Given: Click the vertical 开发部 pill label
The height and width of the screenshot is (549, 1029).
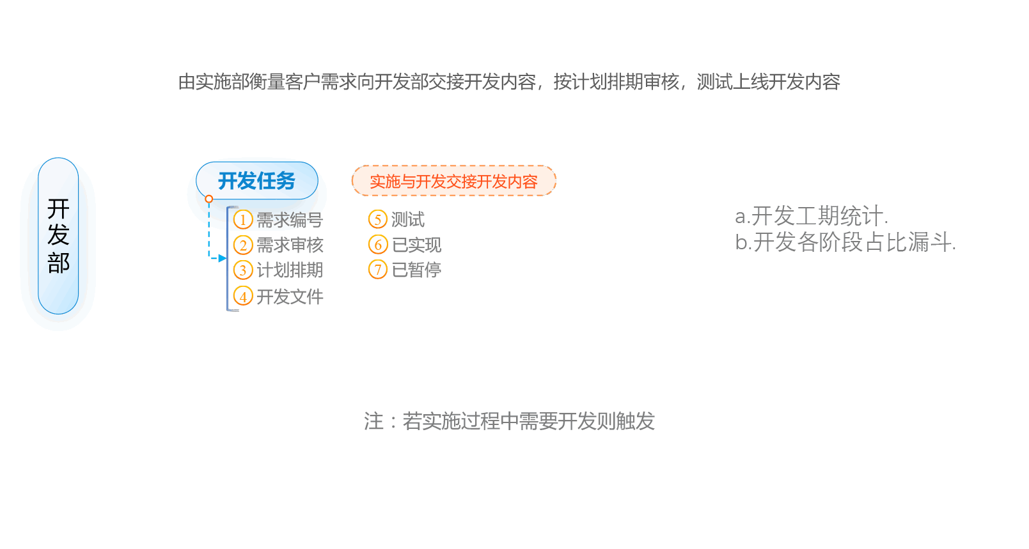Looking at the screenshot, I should click(x=58, y=236).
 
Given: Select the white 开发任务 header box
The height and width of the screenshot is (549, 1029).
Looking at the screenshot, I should click(x=256, y=181).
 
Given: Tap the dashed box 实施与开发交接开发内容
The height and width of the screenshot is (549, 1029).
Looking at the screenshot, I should click(x=453, y=182).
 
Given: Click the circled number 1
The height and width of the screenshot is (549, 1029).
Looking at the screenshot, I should click(x=243, y=220).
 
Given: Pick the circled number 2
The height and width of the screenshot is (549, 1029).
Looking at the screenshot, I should click(x=243, y=245).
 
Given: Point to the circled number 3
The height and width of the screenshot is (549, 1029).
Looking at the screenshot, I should click(x=243, y=270).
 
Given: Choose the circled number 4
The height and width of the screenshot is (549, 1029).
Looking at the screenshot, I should click(x=243, y=297).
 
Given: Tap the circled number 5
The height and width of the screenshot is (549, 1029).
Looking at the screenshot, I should click(x=378, y=220).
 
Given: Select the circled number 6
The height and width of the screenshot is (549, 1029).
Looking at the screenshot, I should click(x=378, y=245).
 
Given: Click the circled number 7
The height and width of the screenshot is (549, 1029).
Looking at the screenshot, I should click(x=378, y=270).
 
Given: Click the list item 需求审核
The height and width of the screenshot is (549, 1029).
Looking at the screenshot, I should click(x=290, y=245).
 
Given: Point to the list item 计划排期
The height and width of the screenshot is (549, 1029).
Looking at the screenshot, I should click(x=290, y=270).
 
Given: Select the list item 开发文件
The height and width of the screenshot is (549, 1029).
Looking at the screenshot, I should click(x=290, y=297).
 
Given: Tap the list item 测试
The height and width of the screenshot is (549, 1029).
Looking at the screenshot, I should click(x=408, y=220).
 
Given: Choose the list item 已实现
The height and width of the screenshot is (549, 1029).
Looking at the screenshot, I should click(x=416, y=245).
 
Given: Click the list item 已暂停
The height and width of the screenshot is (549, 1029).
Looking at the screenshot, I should click(x=416, y=270).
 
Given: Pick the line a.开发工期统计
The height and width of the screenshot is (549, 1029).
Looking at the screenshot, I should click(x=812, y=216).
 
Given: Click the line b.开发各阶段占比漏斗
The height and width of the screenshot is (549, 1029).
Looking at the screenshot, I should click(x=845, y=242).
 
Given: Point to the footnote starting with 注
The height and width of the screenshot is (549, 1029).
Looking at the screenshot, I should click(x=509, y=421).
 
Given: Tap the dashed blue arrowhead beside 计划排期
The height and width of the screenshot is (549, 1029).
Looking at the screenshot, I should click(x=222, y=258).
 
